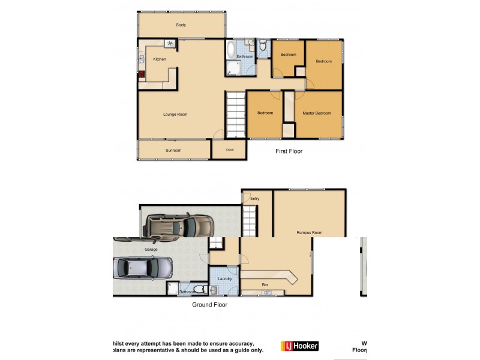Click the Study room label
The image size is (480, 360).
[x=181, y=25]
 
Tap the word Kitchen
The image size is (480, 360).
[x=160, y=59]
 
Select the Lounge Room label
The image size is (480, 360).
[x=176, y=114]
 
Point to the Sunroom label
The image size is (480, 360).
[x=173, y=150]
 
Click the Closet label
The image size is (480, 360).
[x=230, y=149]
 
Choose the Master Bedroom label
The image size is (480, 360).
[x=316, y=113]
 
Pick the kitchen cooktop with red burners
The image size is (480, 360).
[x=142, y=75]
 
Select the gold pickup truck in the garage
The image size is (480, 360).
[x=179, y=226]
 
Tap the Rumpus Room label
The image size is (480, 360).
[x=310, y=232]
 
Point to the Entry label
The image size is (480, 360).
[x=255, y=198]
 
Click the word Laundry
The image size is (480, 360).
[x=225, y=278]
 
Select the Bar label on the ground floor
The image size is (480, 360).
[x=265, y=284]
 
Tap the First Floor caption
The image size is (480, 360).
[x=289, y=151]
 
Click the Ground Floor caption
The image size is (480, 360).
[x=209, y=305]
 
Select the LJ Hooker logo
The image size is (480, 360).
[x=299, y=346]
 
